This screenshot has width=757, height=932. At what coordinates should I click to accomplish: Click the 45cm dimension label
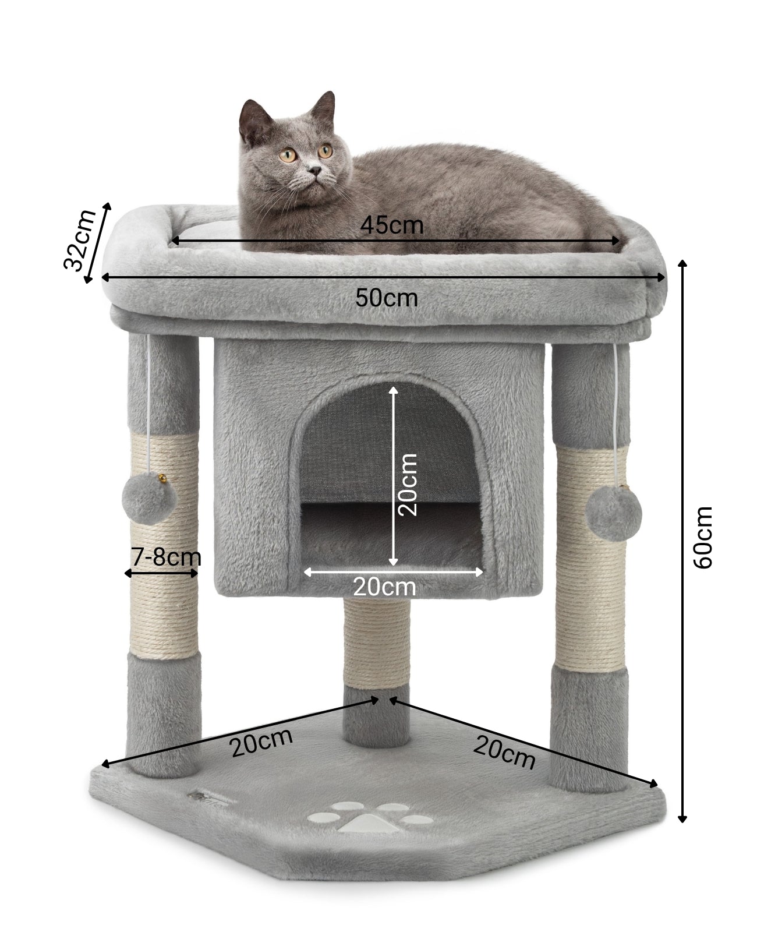coord(391,226)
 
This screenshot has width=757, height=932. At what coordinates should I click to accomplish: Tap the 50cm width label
coord(386,298)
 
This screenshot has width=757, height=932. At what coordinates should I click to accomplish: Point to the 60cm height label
coord(703,537)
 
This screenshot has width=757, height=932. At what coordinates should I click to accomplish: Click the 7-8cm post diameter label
coord(166,557)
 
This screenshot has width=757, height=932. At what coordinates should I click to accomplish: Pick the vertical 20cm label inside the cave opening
coord(408,485)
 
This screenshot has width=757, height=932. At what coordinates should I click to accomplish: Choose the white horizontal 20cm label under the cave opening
coord(384,587)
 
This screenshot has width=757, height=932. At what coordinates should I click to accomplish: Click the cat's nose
coord(314,170)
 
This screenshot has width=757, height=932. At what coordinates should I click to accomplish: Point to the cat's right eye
coord(287,154)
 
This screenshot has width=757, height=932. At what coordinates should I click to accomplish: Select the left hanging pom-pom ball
coord(149,499)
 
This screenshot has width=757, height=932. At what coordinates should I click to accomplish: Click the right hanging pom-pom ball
coord(613,513)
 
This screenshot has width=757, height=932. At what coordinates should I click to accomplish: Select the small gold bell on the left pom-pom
coord(162,479)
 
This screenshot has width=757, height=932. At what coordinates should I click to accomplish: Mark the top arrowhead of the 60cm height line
coord(682,263)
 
